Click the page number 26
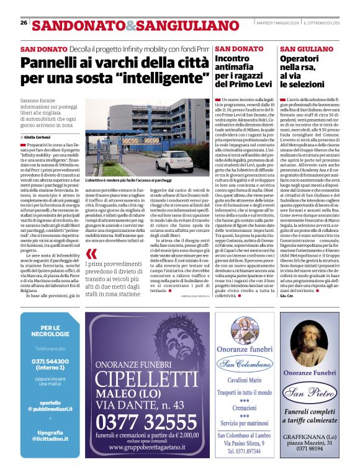pos(24,22)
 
